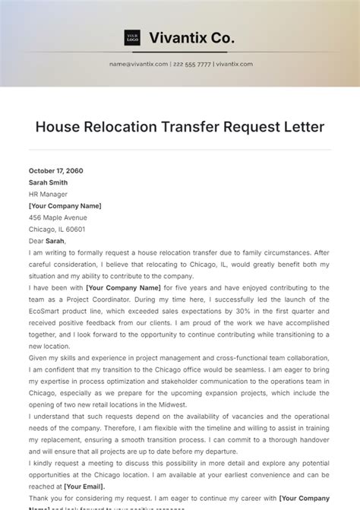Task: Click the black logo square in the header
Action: click(132, 37)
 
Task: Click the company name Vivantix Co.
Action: click(192, 37)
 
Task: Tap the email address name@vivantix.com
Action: click(138, 65)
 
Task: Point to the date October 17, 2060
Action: click(56, 171)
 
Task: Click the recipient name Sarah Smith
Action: click(48, 182)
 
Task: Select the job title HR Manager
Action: click(48, 194)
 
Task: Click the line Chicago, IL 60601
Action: click(57, 229)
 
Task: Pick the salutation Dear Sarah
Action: click(47, 241)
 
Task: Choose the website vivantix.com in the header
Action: click(234, 65)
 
